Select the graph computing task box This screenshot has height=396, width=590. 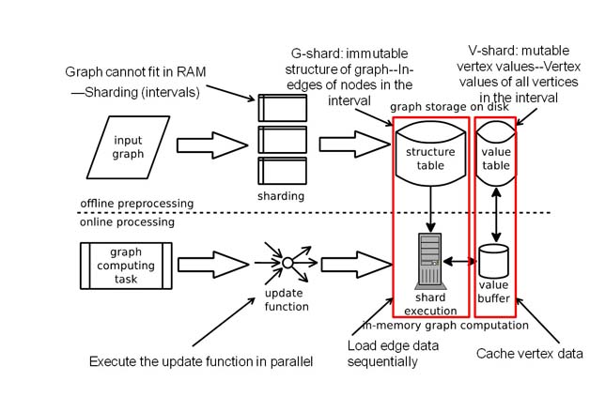125,258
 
